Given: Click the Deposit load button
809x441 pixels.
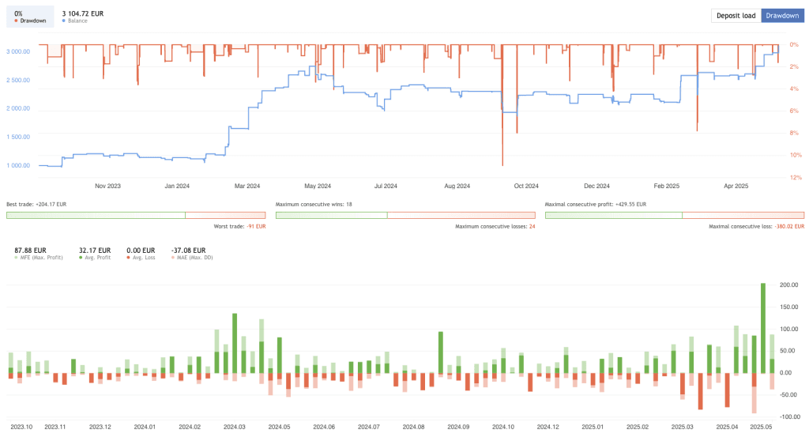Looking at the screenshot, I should (736, 15).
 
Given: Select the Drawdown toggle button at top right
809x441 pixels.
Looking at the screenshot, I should (782, 15).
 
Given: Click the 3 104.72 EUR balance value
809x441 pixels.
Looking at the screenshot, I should (82, 13).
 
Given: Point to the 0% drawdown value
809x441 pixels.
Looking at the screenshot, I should (19, 13).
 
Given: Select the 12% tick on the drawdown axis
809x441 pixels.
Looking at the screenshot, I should (796, 178).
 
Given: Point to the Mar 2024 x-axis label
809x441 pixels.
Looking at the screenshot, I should (247, 187).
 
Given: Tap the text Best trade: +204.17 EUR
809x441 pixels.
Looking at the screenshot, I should (36, 204).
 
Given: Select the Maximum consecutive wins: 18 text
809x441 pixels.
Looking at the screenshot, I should (313, 204).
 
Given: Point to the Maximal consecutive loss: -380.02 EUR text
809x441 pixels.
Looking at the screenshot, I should (756, 227).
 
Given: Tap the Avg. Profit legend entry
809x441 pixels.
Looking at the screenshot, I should (96, 258).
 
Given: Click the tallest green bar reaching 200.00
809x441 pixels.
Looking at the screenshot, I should (762, 324).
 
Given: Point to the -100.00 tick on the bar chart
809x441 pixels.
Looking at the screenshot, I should (790, 416).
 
